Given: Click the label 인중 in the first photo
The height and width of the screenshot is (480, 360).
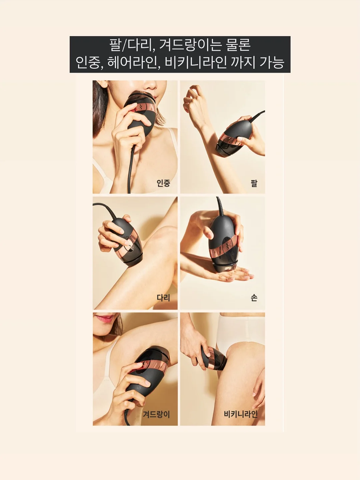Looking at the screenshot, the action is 163,183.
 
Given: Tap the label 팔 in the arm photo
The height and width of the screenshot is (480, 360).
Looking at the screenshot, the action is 254,183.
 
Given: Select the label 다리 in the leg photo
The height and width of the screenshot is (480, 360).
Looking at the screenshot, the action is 163,298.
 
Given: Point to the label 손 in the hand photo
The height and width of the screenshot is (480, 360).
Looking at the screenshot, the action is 254,298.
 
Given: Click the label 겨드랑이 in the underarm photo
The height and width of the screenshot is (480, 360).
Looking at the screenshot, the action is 156,414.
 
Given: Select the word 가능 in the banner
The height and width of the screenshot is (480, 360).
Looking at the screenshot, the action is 272,62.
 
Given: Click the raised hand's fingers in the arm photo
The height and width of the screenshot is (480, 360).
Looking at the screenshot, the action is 193,96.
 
